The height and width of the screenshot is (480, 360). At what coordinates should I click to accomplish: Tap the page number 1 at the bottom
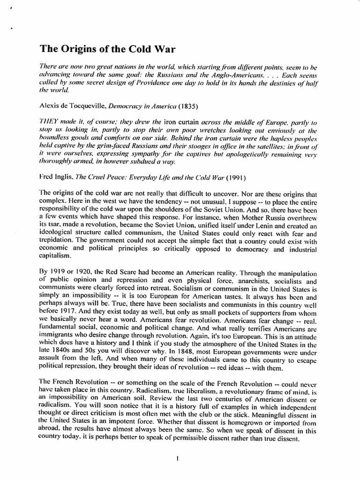(x=178, y=459)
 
